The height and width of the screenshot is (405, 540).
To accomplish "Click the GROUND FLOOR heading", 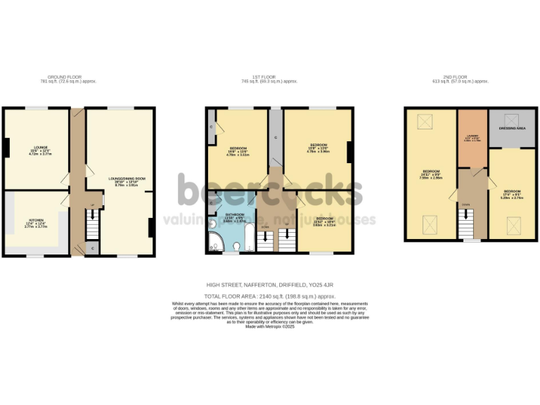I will click(x=71, y=77).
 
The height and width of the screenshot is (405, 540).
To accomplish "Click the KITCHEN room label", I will click(x=35, y=220).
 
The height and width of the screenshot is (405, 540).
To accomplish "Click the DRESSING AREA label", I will click(x=512, y=129).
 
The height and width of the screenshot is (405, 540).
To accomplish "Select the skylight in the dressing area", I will click(x=512, y=118).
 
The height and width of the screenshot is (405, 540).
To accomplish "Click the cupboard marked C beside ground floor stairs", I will click(x=93, y=248).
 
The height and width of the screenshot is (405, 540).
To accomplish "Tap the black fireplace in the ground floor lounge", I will click(x=6, y=148).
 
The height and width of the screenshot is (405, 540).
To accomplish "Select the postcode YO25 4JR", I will click(x=320, y=285).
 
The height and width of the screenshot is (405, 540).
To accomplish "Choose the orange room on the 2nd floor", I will click(x=472, y=138).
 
